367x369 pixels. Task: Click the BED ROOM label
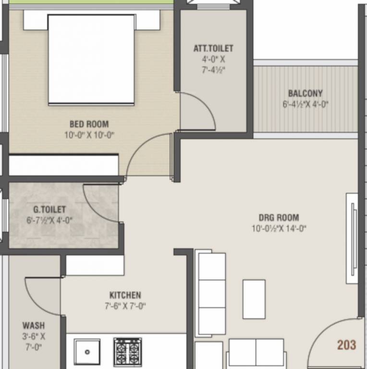coord(89,124)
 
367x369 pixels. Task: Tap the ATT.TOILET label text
coord(213,49)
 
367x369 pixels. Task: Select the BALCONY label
coord(305,93)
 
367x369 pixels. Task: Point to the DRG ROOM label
coord(279,217)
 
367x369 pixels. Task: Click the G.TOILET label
coord(49,210)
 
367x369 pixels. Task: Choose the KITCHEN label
coord(125,295)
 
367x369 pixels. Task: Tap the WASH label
coord(34,326)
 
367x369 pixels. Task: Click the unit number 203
coord(346,344)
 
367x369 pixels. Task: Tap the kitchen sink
coord(87,352)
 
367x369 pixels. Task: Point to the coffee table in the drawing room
coord(254,299)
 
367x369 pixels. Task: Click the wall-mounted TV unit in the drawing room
coord(352,239)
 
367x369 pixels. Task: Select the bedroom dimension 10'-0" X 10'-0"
coord(89,135)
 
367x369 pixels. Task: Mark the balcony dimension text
coord(305,104)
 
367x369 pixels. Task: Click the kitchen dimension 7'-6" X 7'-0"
coord(125,306)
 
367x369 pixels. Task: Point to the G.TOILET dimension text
coord(49,221)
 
